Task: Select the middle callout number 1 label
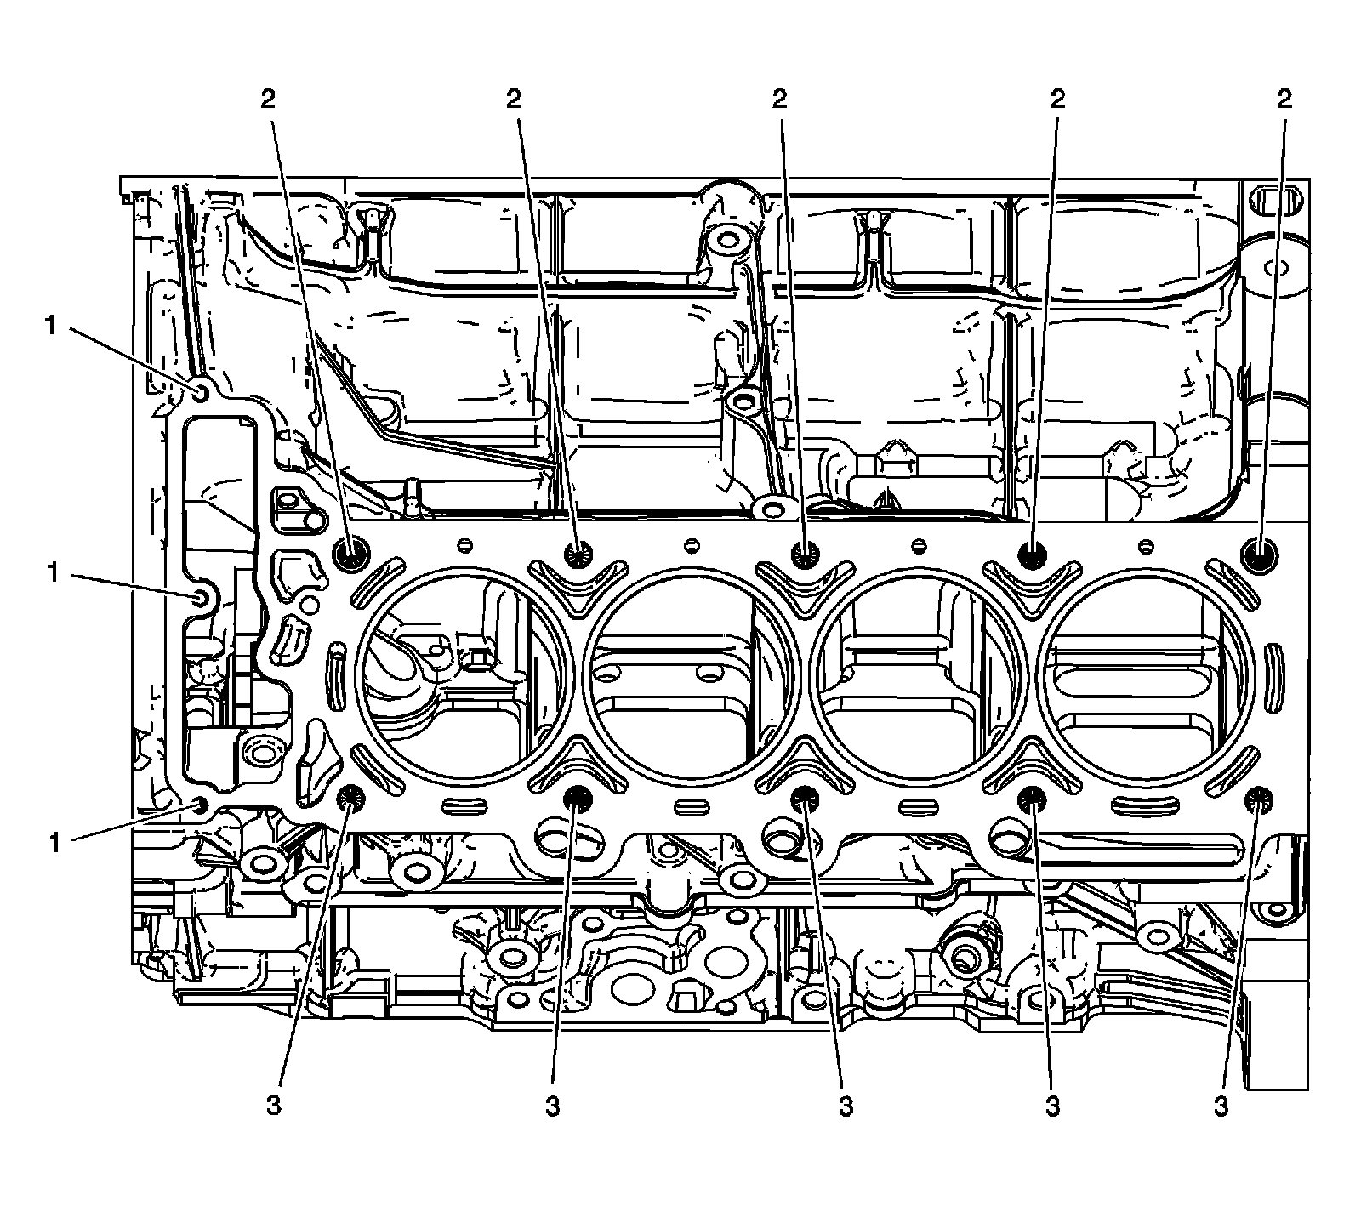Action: point(54,574)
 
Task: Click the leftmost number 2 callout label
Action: point(268,100)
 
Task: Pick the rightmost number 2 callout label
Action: point(1284,100)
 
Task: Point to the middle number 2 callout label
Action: point(779,100)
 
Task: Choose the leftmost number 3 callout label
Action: point(273,1106)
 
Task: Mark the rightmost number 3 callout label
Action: point(1221,1106)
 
